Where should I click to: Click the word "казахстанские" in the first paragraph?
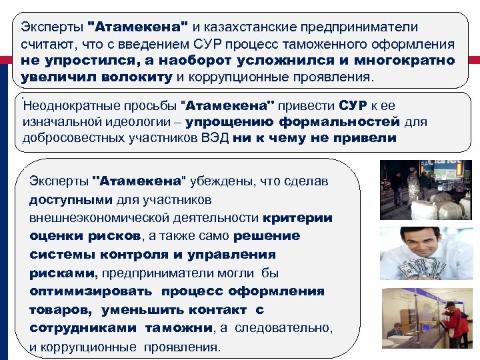coord(253,27)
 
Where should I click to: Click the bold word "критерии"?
coord(297,218)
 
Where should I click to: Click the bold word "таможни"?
coord(178,328)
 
